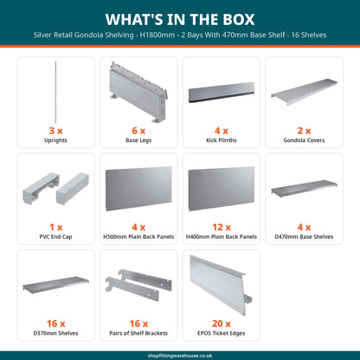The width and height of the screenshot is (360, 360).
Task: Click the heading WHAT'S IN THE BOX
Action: [x=180, y=19]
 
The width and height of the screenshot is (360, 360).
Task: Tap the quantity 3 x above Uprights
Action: [x=55, y=131]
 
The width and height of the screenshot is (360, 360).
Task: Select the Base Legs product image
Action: [x=138, y=93]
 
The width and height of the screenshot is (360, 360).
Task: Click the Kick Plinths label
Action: [x=222, y=140]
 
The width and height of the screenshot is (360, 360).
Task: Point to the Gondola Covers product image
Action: [x=304, y=92]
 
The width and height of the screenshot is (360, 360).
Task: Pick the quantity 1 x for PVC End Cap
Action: [x=55, y=228]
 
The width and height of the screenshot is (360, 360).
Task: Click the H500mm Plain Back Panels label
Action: [x=138, y=237]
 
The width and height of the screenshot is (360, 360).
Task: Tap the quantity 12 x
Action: [x=222, y=228]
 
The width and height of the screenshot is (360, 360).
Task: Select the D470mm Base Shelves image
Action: [x=304, y=188]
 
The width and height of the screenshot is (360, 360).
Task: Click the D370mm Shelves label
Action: [x=55, y=333]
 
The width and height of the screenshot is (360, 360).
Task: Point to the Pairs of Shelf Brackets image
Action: [x=138, y=285]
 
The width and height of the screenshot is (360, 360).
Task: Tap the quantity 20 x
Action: [x=222, y=324]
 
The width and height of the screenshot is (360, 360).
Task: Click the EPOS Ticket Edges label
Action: [x=222, y=333]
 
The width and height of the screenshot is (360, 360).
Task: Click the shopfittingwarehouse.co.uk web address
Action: [x=180, y=356]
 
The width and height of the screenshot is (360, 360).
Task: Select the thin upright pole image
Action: [x=55, y=92]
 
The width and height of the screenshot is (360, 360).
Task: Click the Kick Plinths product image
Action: [x=222, y=93]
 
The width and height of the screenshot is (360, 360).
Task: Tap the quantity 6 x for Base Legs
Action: [x=138, y=131]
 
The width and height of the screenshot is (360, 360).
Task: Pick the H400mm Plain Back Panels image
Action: [x=222, y=189]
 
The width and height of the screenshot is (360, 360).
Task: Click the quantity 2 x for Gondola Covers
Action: [x=304, y=131]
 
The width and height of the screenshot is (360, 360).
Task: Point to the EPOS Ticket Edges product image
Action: [x=221, y=285]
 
